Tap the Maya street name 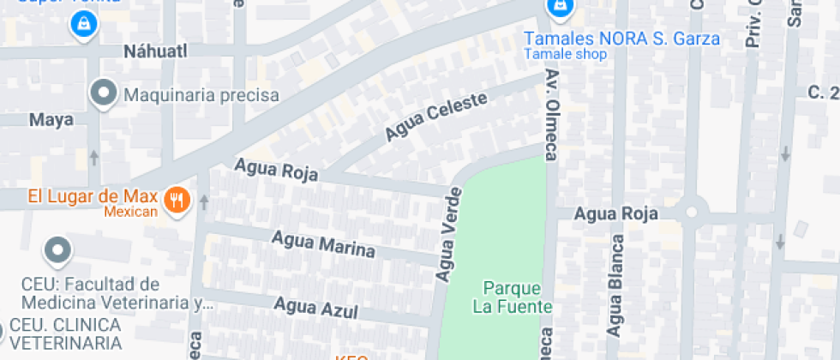pyautogui.click(x=51, y=120)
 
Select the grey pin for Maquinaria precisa pyautogui.click(x=104, y=93)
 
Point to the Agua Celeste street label pyautogui.click(x=435, y=117)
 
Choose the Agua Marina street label pyautogui.click(x=323, y=244)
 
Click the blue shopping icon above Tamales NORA pyautogui.click(x=559, y=9)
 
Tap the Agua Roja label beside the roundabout pyautogui.click(x=615, y=213)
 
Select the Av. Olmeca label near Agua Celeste pyautogui.click(x=551, y=115)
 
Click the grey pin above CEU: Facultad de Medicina pyautogui.click(x=57, y=250)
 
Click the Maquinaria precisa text pyautogui.click(x=202, y=94)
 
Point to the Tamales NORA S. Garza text pyautogui.click(x=621, y=39)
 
